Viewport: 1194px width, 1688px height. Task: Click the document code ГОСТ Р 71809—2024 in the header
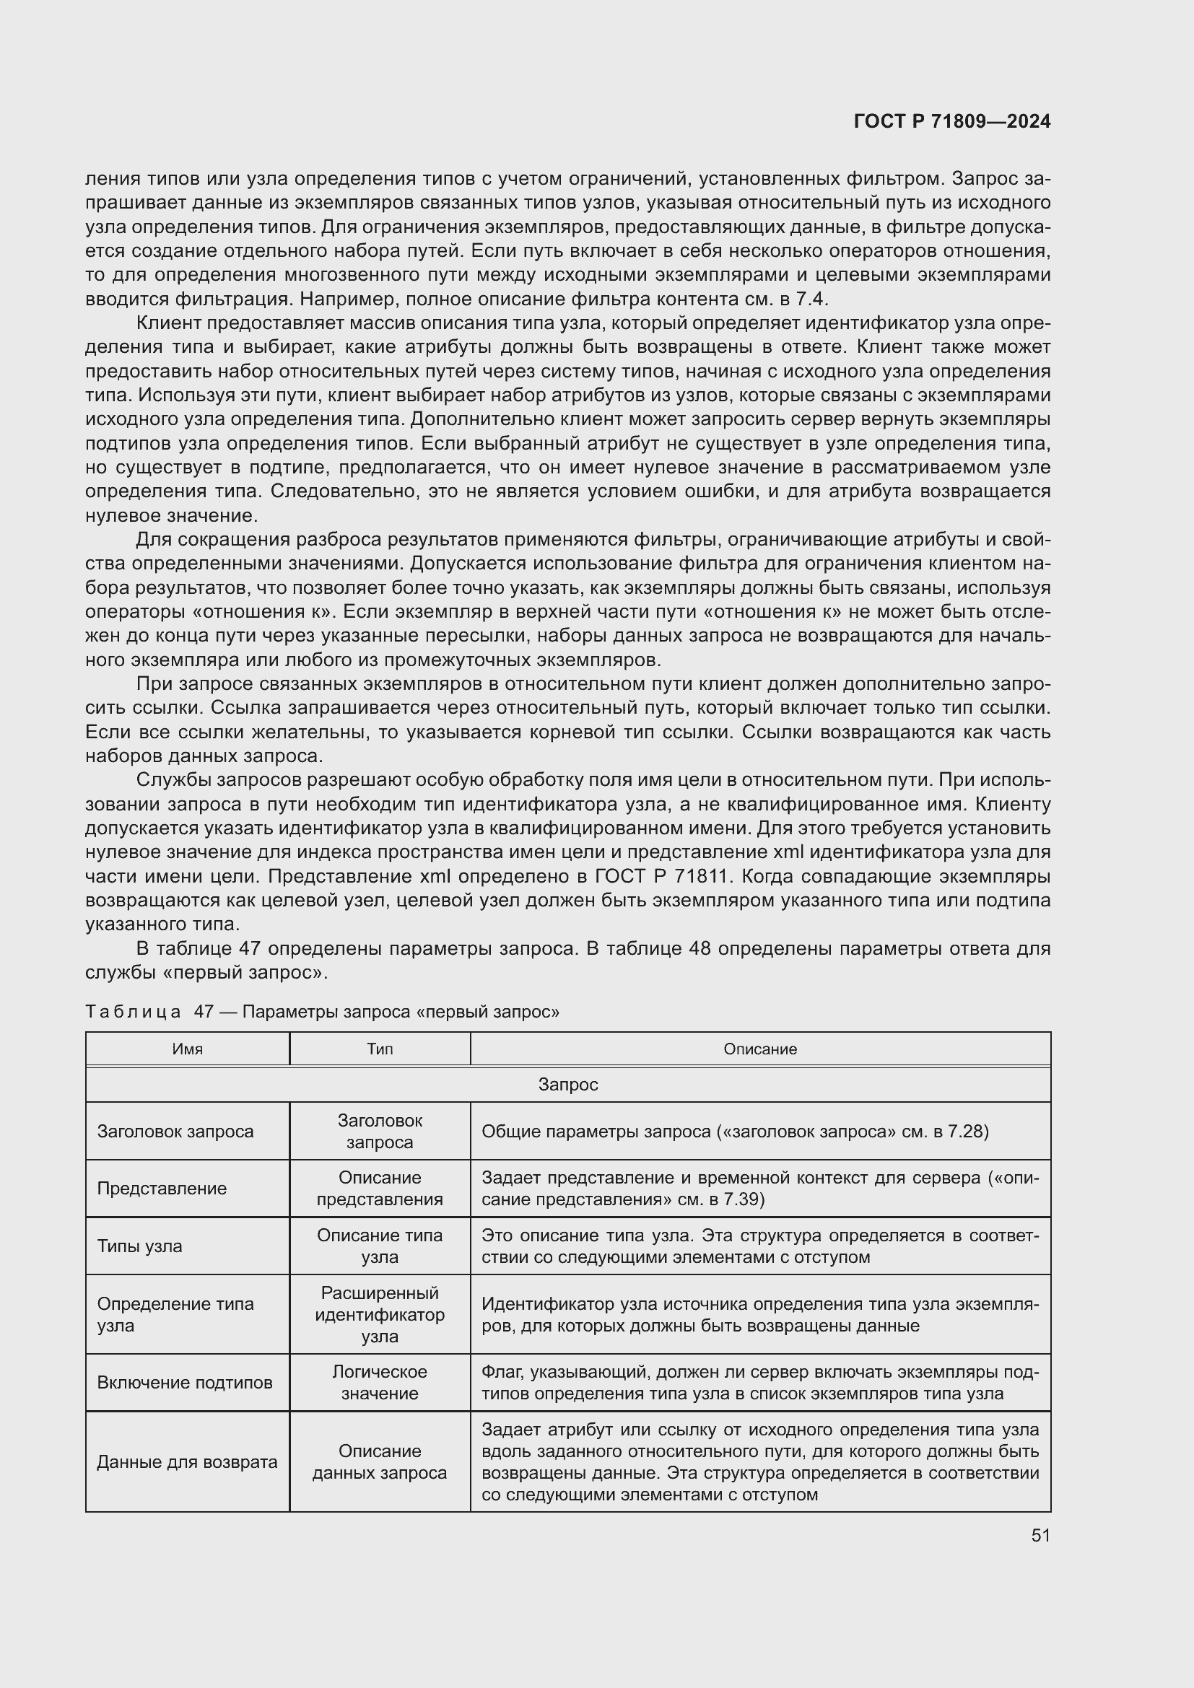pos(951,121)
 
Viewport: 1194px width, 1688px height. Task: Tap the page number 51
pos(1040,1536)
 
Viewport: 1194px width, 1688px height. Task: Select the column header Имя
pos(188,1049)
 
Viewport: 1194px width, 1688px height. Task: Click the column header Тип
pos(380,1049)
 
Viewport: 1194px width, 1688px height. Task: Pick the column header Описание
pos(759,1049)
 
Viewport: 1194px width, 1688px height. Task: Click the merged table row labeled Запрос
pos(567,1085)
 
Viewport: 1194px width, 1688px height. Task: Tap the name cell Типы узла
pos(140,1246)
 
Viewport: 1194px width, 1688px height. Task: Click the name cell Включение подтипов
pos(185,1382)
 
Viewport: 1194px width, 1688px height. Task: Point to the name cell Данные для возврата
pos(187,1461)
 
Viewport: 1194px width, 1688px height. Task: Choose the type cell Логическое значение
pos(380,1382)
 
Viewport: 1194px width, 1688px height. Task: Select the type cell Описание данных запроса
pos(380,1461)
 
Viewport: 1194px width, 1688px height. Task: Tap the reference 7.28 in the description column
pos(964,1132)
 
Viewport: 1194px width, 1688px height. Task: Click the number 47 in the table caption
pos(204,1012)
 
